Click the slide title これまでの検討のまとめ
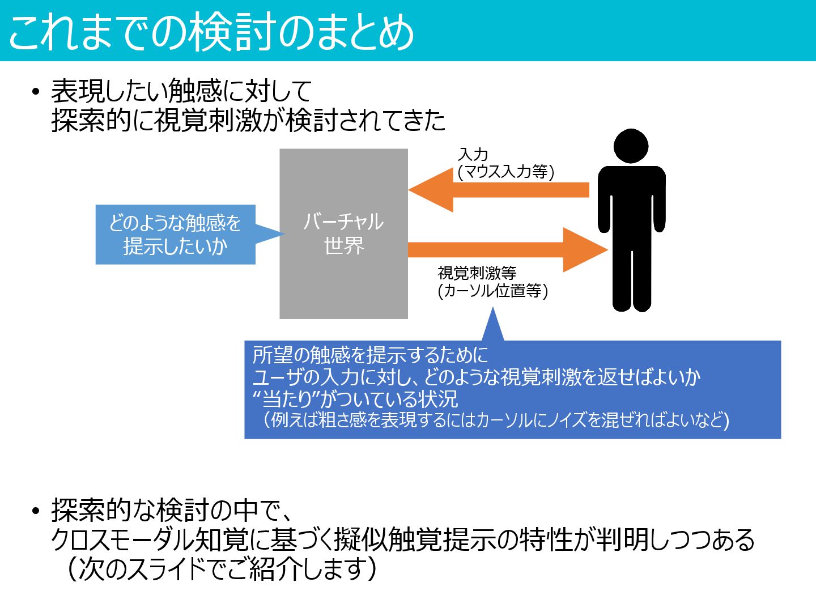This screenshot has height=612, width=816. [211, 32]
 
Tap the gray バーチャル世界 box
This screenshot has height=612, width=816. [343, 233]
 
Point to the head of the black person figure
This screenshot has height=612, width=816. [631, 146]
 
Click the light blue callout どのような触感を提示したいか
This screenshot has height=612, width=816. [175, 234]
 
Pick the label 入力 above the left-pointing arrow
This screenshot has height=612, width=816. [473, 154]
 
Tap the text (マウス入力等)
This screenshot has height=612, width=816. [505, 172]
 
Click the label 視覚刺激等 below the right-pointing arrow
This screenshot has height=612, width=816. [477, 273]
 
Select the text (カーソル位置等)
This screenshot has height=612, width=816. [492, 291]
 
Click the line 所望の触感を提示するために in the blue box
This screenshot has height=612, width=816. [370, 355]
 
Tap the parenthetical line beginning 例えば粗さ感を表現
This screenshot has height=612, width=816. [496, 420]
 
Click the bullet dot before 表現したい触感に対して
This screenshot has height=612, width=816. [36, 91]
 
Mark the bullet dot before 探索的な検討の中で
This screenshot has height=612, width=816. [36, 511]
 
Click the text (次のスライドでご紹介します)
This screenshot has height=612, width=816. [221, 568]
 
